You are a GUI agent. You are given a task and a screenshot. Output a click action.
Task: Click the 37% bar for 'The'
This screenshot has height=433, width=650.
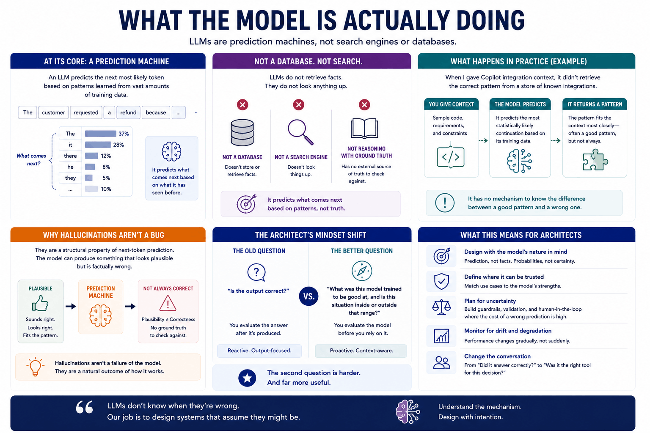[100, 134]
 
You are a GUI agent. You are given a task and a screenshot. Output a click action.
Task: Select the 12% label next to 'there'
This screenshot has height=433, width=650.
[106, 156]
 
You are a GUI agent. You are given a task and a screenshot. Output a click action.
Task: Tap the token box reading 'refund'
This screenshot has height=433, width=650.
[128, 112]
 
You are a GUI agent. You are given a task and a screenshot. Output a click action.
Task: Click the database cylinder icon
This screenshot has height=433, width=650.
[242, 132]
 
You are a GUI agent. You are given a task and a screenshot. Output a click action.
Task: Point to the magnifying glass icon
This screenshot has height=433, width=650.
[300, 132]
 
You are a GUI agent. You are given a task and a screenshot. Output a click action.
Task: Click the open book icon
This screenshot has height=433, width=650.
[364, 129]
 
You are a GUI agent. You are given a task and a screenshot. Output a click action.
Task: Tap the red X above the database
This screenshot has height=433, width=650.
[242, 105]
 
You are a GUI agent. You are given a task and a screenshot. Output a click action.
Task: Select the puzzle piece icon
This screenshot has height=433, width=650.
[595, 160]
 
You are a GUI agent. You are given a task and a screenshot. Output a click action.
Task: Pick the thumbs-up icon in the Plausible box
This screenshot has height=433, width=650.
[40, 303]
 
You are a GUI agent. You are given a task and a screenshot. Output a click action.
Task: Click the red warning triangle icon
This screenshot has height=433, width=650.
[168, 303]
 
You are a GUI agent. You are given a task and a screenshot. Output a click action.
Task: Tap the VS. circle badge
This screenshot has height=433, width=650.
[309, 296]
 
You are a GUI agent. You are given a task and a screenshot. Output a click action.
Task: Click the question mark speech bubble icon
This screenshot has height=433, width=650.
[256, 272]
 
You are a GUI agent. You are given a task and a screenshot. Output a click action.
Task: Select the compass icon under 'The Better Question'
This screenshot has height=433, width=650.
[362, 271]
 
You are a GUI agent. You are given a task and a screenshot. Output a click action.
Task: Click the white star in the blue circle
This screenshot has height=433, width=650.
[247, 378]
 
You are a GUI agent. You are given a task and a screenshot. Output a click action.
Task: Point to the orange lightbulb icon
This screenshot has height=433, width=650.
[36, 367]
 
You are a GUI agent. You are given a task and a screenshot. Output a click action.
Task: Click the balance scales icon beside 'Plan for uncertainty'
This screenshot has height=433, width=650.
[441, 307]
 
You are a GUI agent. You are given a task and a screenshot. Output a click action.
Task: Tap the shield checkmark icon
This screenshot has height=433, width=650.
[441, 281]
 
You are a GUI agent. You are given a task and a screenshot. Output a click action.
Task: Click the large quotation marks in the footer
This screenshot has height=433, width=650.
[85, 407]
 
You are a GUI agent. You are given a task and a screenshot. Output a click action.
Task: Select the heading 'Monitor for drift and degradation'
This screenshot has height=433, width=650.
[508, 331]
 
